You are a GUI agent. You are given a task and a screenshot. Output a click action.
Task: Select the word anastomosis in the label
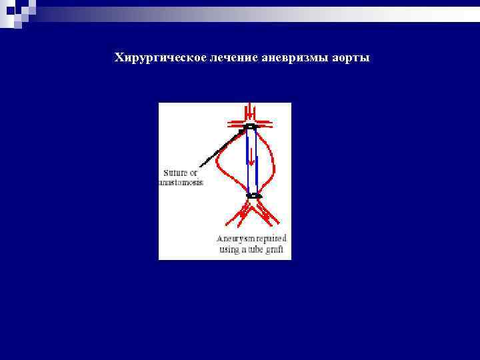(x=181, y=182)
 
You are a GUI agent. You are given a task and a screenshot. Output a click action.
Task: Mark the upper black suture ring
(x=250, y=126)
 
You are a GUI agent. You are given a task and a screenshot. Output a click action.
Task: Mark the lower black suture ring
(x=253, y=196)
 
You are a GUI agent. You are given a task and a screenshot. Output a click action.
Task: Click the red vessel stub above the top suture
(x=250, y=112)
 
